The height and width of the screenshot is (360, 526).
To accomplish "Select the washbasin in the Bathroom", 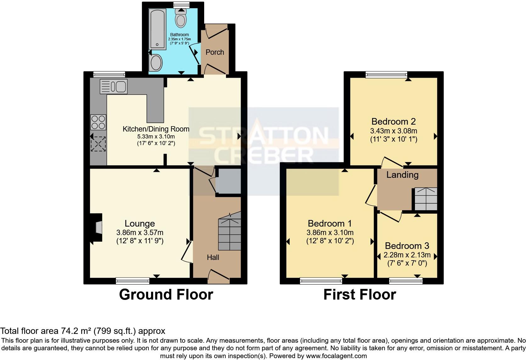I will (156, 63).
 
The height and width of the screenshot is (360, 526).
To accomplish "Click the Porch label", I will (215, 52).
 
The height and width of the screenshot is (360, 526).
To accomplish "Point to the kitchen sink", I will (114, 87).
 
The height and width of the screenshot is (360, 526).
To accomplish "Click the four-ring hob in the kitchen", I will (98, 122).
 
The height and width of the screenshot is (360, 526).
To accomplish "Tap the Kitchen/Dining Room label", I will (156, 129).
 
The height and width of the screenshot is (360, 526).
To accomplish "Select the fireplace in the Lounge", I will (97, 227).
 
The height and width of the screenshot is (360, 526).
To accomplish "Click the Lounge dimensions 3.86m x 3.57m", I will (140, 233).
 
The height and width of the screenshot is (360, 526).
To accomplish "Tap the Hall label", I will (213, 258).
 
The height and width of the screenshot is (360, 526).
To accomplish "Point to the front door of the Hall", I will (219, 275).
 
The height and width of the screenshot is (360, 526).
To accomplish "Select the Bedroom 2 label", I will (394, 121).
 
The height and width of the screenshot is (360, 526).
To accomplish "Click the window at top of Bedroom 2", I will (386, 75).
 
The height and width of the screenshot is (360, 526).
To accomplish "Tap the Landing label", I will (402, 175).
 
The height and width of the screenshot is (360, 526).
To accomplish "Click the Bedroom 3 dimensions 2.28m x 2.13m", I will (407, 255).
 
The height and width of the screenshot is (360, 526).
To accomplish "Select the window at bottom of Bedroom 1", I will (321, 281).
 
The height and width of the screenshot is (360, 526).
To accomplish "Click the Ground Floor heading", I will (166, 295).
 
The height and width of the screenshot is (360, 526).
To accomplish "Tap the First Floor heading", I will (360, 295).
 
